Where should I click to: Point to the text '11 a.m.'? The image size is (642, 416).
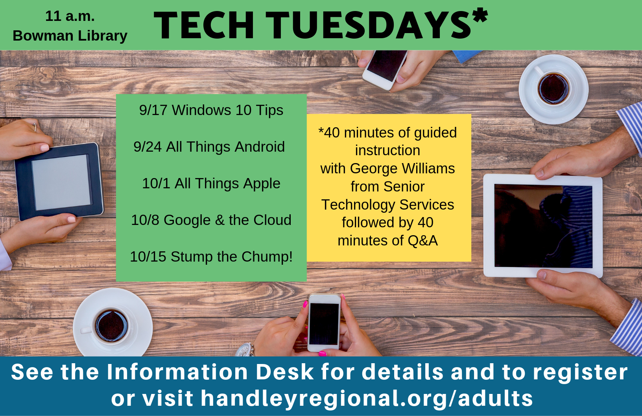click(x=70, y=16)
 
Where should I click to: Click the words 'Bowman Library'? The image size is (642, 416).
click(x=70, y=35)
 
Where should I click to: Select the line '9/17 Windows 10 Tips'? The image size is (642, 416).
click(x=211, y=110)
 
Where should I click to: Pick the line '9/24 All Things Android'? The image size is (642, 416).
click(x=209, y=147)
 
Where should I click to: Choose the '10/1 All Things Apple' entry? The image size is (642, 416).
click(x=211, y=184)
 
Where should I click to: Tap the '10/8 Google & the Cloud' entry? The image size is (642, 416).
click(x=211, y=220)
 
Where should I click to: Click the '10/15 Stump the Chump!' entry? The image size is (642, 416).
click(x=211, y=257)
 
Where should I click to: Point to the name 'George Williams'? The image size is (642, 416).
click(x=402, y=169)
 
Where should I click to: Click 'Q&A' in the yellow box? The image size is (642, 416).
click(x=422, y=241)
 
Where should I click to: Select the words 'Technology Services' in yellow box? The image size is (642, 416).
click(x=387, y=205)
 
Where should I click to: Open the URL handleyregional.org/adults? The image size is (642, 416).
click(x=367, y=398)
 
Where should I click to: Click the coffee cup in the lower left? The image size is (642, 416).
click(x=111, y=325)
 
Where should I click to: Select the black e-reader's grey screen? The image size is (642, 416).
click(x=61, y=182)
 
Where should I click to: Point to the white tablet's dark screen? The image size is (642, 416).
click(x=543, y=226)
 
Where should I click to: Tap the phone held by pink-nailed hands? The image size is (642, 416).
click(x=324, y=323)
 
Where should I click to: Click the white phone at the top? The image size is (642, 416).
click(x=385, y=67)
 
